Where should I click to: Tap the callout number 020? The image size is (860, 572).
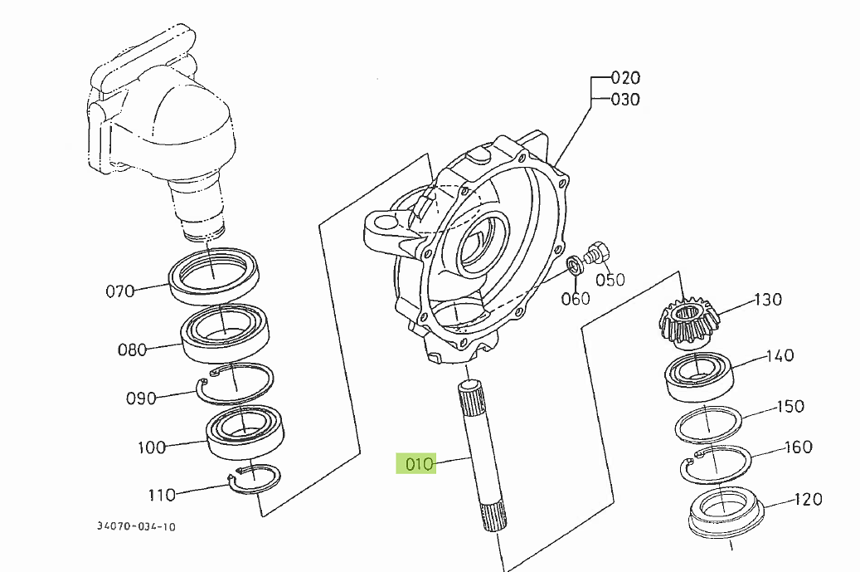point(625,78)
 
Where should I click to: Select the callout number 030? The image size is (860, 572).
point(625,100)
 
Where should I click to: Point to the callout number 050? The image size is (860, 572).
point(610,280)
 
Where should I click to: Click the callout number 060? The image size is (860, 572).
point(576,298)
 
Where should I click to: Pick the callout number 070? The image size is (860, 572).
point(119,291)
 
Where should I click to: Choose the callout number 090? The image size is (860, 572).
point(141,398)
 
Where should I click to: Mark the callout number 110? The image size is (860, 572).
point(162,495)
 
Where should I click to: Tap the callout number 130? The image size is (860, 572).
point(767,300)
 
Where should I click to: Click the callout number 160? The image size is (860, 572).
point(798,447)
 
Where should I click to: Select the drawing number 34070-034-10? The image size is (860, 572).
point(136,526)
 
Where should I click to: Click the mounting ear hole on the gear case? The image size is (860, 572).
point(384,223)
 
